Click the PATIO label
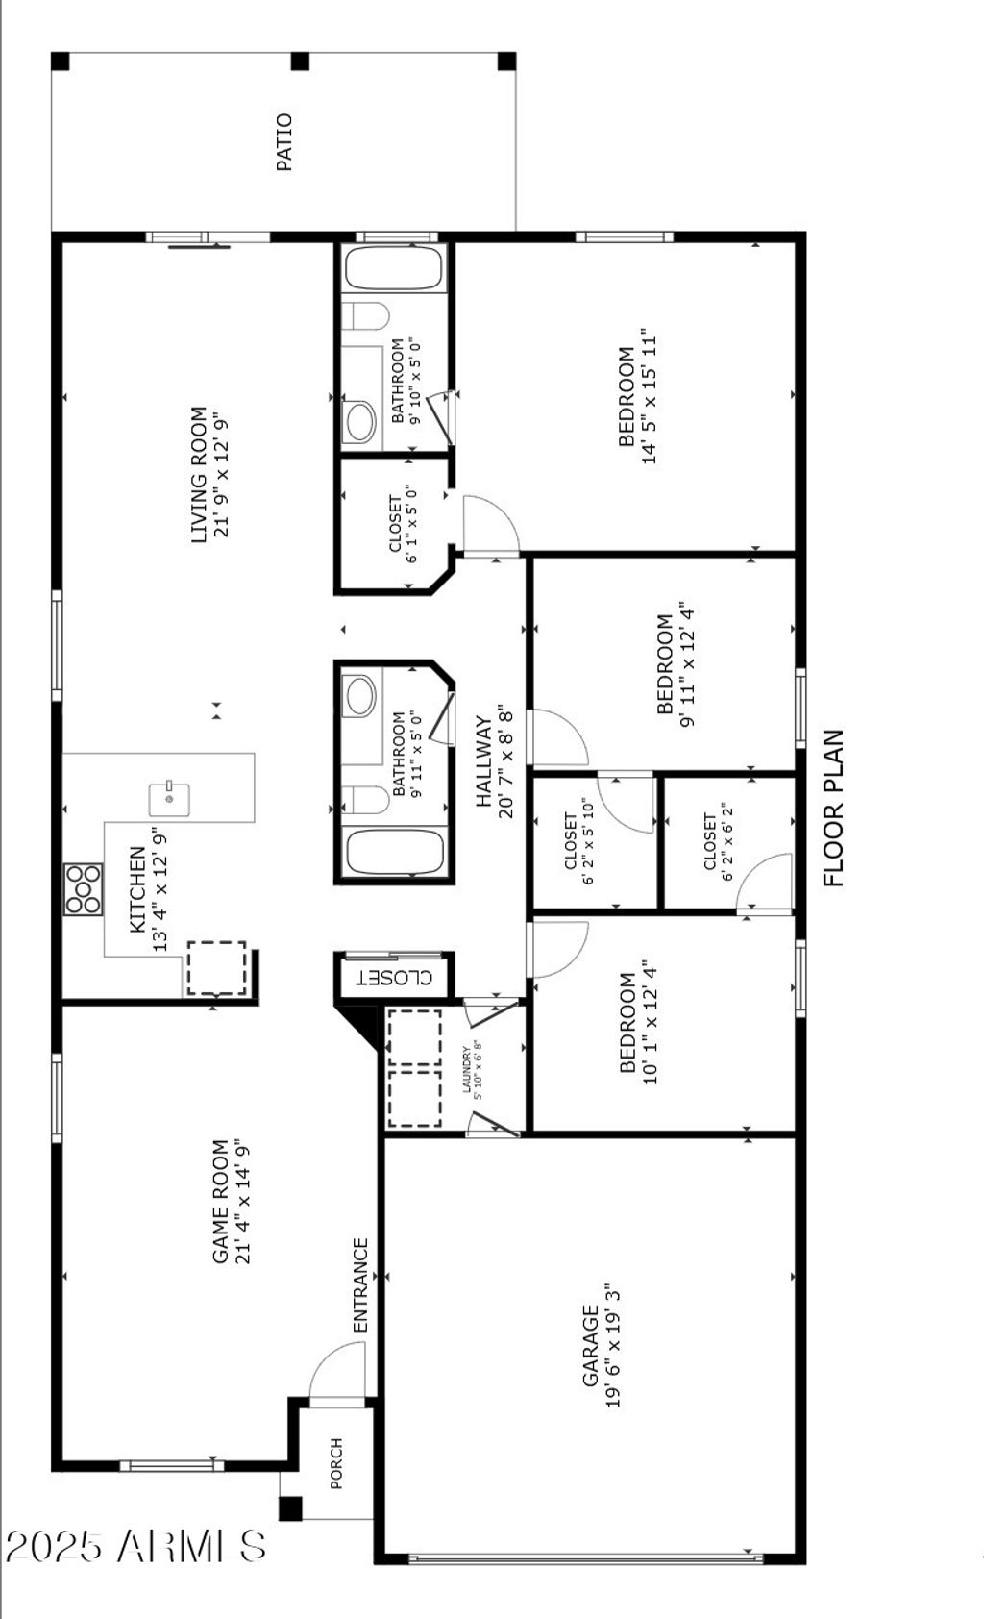[284, 142]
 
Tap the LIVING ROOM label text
[198, 475]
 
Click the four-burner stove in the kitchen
[84, 889]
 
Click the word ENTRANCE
[360, 1284]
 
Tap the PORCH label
[336, 1463]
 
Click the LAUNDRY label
[467, 1069]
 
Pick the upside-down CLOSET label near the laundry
[394, 978]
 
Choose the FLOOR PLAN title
[833, 808]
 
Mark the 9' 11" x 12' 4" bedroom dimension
[686, 664]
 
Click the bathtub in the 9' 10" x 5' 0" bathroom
[394, 268]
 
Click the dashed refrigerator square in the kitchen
[216, 968]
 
